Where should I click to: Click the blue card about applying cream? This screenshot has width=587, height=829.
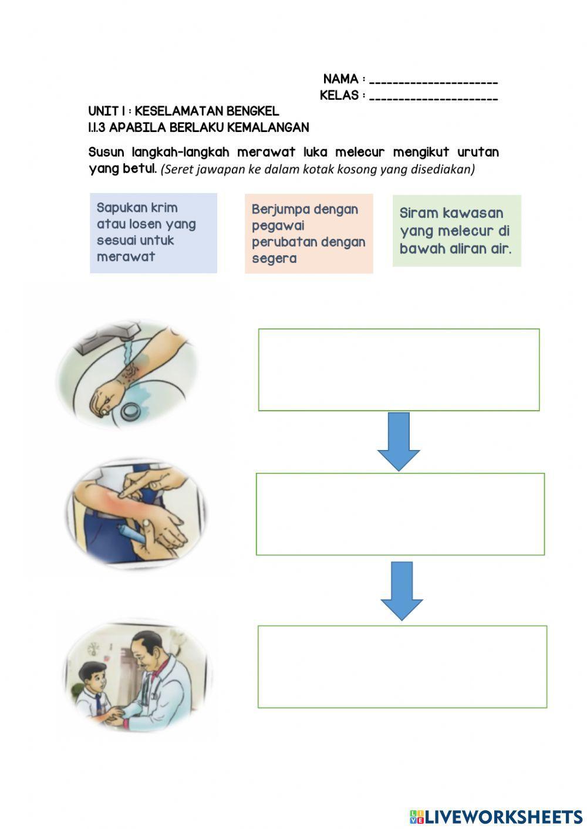click(x=153, y=233)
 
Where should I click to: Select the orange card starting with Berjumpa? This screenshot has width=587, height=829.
click(x=309, y=234)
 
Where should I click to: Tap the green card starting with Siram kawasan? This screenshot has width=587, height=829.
click(x=457, y=231)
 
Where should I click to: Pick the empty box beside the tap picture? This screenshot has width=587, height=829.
click(x=399, y=370)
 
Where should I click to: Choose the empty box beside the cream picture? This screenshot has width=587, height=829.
click(x=400, y=514)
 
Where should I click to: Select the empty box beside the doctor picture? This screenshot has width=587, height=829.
click(x=402, y=666)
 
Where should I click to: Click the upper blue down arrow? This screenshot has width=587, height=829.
click(x=399, y=441)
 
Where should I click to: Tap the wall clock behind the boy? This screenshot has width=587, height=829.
click(x=93, y=649)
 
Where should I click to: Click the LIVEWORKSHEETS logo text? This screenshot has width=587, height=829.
click(x=503, y=817)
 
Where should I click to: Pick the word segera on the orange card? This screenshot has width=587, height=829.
click(x=274, y=259)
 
